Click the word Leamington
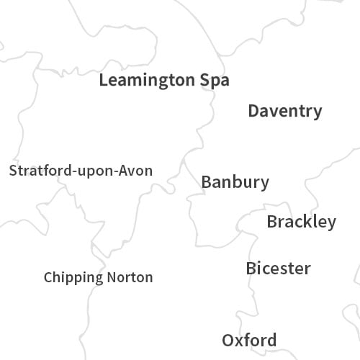coord(147,80)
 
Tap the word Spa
coord(215,80)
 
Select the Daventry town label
coord(285,111)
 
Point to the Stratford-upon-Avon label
coord(81,171)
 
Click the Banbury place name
coord(235,182)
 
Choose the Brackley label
coord(301,222)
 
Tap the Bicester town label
coord(278,269)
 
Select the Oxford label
coord(248,340)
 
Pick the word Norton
coord(130,277)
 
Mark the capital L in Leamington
coord(103,80)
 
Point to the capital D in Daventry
coord(253,111)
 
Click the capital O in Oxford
coord(228,340)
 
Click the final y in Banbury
coord(265,184)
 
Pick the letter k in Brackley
coord(308,222)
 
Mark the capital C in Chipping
coord(48,277)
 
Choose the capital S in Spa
coord(204,80)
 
